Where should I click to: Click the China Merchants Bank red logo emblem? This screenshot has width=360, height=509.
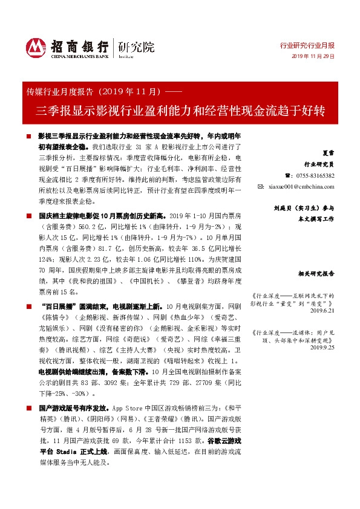point(35,47)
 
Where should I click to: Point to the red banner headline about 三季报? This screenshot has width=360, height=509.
point(180,111)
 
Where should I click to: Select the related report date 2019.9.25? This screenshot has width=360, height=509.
point(322,348)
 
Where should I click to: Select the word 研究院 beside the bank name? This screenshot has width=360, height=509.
point(136,47)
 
